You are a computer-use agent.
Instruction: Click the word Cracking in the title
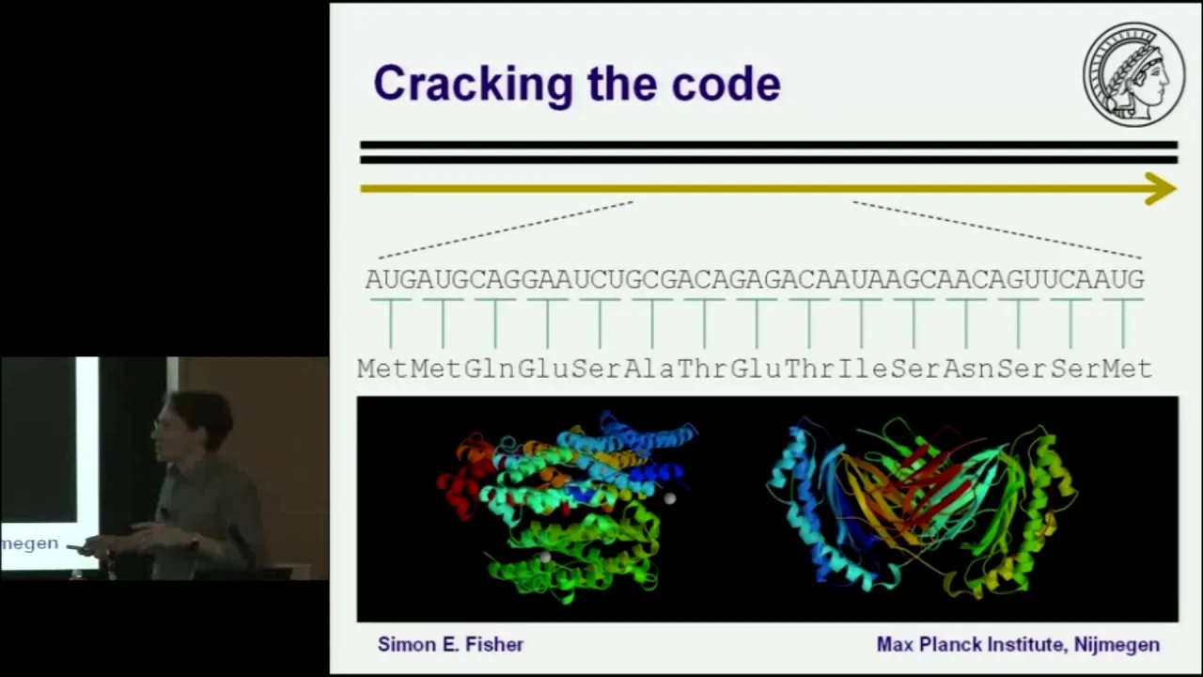pos(473,84)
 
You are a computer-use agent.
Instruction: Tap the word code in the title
pos(726,84)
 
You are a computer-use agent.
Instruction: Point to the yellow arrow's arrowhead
pos(1161,189)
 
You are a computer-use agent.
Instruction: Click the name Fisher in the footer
pos(494,644)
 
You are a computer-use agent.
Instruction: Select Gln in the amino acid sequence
pos(489,370)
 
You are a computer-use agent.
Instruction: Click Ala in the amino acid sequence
pos(648,370)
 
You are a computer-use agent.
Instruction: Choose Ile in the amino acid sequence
pos(862,370)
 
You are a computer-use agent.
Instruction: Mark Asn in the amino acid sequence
pos(968,370)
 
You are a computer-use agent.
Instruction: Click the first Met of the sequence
pos(383,370)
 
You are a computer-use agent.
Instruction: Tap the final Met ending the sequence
pos(1128,370)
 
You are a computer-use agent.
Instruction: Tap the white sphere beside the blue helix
pos(669,498)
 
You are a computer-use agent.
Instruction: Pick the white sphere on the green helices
pos(544,558)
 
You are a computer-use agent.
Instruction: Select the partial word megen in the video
pos(29,543)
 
